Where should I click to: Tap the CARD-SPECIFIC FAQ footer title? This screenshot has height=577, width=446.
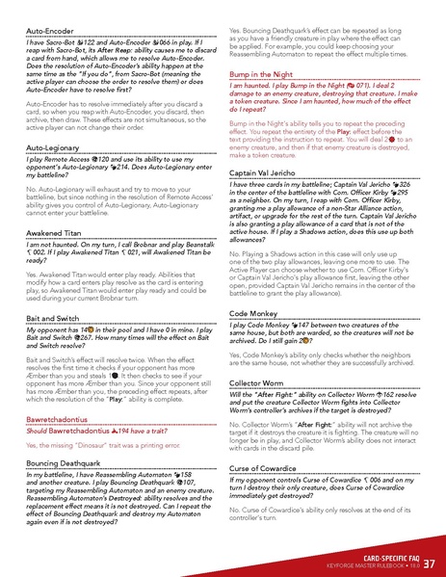381,557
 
